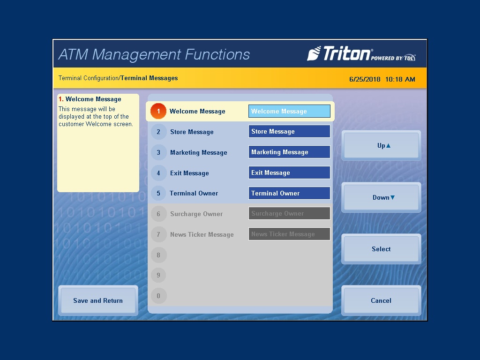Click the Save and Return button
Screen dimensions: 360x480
pos(98,300)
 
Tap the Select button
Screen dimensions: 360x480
pos(381,249)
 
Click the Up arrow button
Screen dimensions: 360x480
pos(381,145)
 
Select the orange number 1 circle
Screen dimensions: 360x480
pos(158,111)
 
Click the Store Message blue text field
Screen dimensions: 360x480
pos(289,132)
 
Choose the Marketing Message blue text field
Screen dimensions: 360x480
pos(289,152)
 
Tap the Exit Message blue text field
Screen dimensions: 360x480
pos(289,172)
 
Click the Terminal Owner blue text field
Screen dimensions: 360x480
pos(289,193)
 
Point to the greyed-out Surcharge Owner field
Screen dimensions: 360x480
pos(289,214)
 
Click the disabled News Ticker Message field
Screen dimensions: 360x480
pos(289,234)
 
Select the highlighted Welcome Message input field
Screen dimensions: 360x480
pos(289,111)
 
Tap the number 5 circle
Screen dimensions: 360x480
pos(158,193)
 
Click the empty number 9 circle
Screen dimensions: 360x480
pos(158,275)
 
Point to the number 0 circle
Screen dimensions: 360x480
pos(158,296)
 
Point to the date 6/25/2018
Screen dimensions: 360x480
pos(365,79)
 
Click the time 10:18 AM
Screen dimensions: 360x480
pos(400,79)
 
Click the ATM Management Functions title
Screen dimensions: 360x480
pos(154,54)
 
